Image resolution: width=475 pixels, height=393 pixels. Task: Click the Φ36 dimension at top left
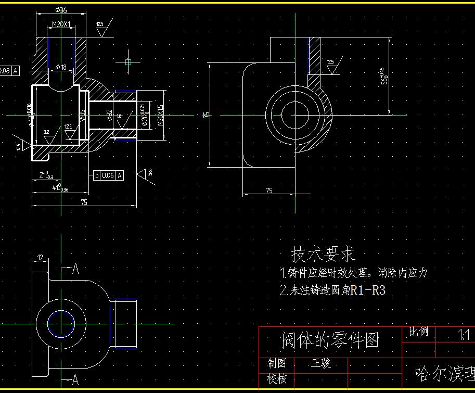(60, 10)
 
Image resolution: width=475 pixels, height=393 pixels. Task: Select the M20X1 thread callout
(61, 24)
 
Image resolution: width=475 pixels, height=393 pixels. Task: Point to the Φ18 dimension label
(61, 67)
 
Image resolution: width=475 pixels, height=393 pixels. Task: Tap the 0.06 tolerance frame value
(108, 175)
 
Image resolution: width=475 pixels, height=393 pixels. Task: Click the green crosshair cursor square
(129, 62)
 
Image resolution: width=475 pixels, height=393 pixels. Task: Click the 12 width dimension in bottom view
(40, 257)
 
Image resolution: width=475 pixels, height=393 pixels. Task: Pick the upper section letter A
(75, 269)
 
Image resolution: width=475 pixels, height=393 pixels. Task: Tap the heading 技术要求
(323, 254)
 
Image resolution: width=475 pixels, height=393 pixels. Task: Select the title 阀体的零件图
(330, 340)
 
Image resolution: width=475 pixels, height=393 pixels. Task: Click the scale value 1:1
(463, 334)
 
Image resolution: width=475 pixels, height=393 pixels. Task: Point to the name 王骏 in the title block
(321, 363)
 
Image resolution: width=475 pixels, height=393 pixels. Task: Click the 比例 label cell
(418, 332)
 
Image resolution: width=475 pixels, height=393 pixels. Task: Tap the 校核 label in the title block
(277, 378)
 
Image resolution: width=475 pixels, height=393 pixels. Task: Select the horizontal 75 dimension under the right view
(269, 191)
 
